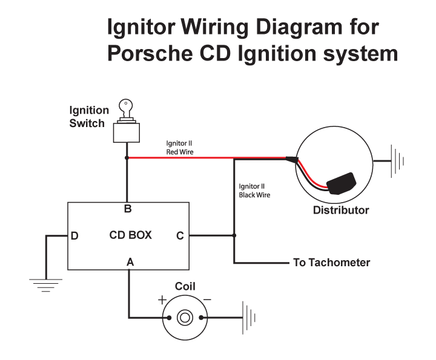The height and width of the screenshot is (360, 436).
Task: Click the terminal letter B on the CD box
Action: pos(128,209)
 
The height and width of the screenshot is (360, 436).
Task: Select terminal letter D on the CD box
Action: pos(74,236)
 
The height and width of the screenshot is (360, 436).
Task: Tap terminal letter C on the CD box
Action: pos(180,236)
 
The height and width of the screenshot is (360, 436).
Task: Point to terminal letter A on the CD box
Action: pos(130,261)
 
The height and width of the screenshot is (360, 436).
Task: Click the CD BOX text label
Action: pos(130,235)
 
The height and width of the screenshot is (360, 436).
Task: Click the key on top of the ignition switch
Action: pos(126,109)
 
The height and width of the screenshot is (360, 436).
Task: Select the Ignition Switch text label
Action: pos(89,117)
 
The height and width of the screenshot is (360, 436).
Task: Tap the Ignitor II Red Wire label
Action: pos(180,148)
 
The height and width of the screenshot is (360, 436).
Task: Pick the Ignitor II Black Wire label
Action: pos(254,191)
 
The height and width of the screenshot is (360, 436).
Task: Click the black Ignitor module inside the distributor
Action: pos(341,183)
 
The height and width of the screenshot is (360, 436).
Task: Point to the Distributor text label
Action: pos(341,210)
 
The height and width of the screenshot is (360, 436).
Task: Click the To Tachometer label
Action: pos(331,263)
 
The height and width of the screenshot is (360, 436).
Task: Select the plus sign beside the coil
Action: pos(162,300)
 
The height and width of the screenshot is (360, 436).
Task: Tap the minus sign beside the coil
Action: pos(207,299)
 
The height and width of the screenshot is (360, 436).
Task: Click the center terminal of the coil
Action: pos(185,318)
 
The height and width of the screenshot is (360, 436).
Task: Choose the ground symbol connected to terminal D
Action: pos(46,286)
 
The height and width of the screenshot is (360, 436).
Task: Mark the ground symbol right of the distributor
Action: pos(397,161)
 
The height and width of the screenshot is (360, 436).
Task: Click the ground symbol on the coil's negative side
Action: pos(249,318)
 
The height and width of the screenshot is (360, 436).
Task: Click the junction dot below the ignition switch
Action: pos(127,158)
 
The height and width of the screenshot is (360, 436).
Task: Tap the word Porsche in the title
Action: pos(150,53)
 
